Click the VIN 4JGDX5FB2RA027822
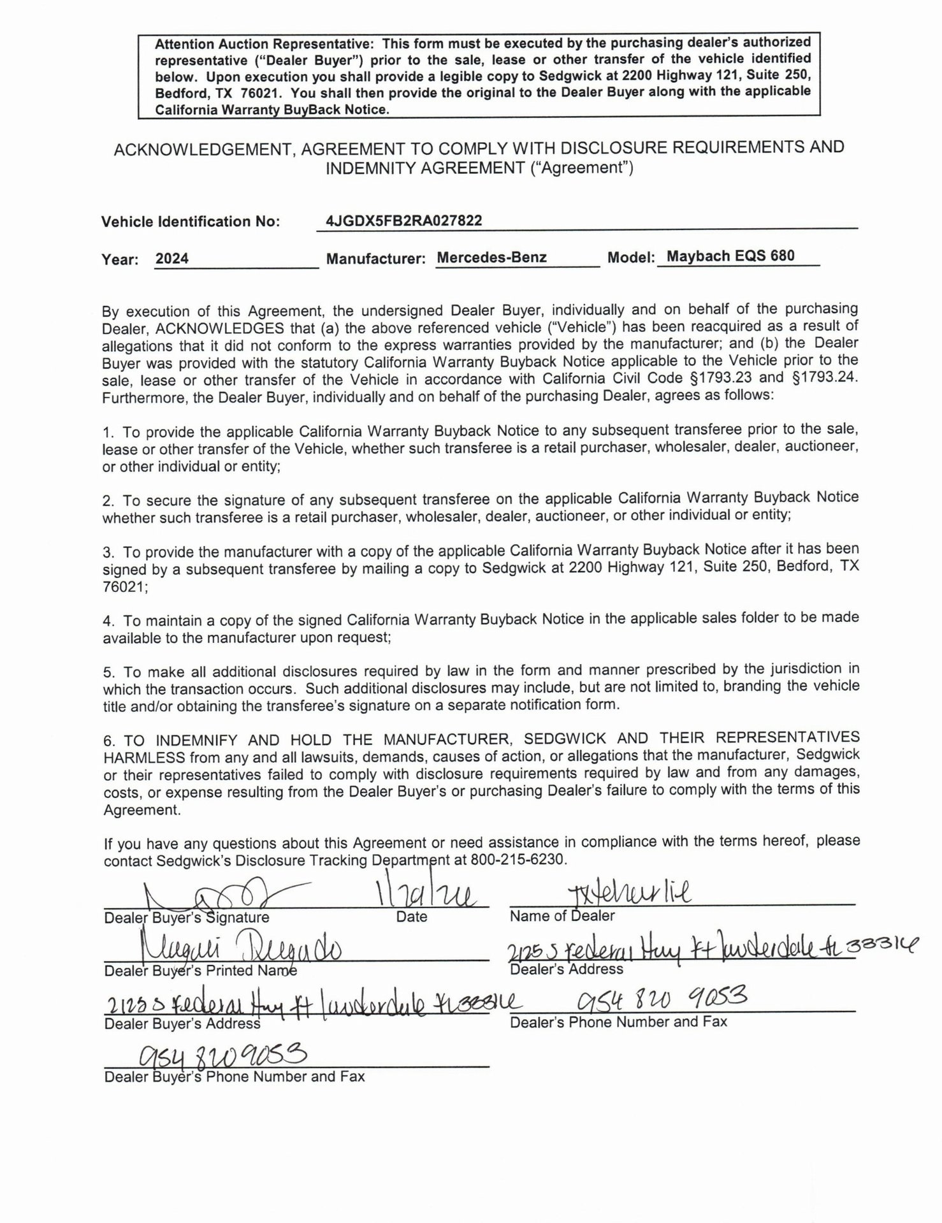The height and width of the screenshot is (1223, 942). pos(403,221)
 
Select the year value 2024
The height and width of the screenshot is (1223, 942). pos(172,259)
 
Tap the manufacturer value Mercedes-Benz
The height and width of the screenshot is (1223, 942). pos(491,257)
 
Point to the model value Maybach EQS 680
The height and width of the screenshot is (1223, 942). pos(730,256)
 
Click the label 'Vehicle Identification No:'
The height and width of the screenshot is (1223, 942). pos(190,222)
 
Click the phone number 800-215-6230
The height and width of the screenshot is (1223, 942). pos(518,859)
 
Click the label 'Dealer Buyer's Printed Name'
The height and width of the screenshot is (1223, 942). pos(200,971)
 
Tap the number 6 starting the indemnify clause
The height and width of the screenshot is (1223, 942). pos(108,741)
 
